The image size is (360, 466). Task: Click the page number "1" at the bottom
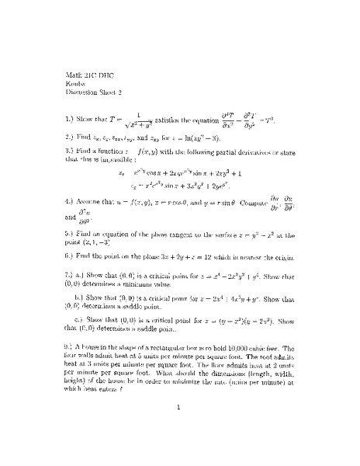tap(178, 426)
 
